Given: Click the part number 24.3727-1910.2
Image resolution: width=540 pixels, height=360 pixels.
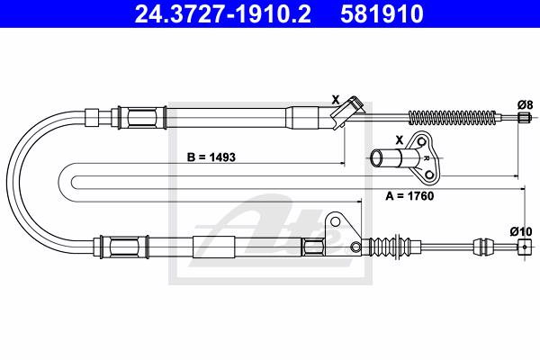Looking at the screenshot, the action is [x=223, y=13].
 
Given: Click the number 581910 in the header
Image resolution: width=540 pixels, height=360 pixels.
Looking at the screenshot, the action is [x=382, y=13].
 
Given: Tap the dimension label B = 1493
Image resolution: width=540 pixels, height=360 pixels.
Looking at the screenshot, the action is [x=211, y=157].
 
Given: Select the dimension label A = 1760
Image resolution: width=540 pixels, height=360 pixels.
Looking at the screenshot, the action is [x=409, y=196].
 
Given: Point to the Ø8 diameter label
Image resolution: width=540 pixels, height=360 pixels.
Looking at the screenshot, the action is [x=525, y=104].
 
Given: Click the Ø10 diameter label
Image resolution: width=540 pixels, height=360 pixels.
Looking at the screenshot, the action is [x=521, y=231].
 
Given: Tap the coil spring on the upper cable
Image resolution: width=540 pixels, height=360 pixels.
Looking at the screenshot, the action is [x=453, y=117].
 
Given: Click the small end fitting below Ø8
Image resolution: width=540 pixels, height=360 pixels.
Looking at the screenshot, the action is [x=524, y=117].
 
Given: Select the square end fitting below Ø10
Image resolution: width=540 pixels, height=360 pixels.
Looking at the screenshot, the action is [x=524, y=247].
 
